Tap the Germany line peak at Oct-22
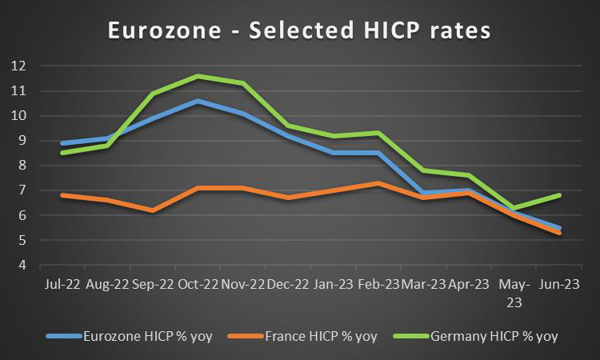198,76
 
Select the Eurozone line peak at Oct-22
198,101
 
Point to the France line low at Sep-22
152,210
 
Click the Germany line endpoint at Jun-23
559,195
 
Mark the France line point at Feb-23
378,183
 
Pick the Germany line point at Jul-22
62,153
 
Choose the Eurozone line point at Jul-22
62,143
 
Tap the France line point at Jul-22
62,195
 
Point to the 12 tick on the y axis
18,66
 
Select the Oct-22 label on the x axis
198,284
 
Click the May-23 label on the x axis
514,292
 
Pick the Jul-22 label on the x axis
62,284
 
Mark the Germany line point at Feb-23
378,133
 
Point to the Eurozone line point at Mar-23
423,193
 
